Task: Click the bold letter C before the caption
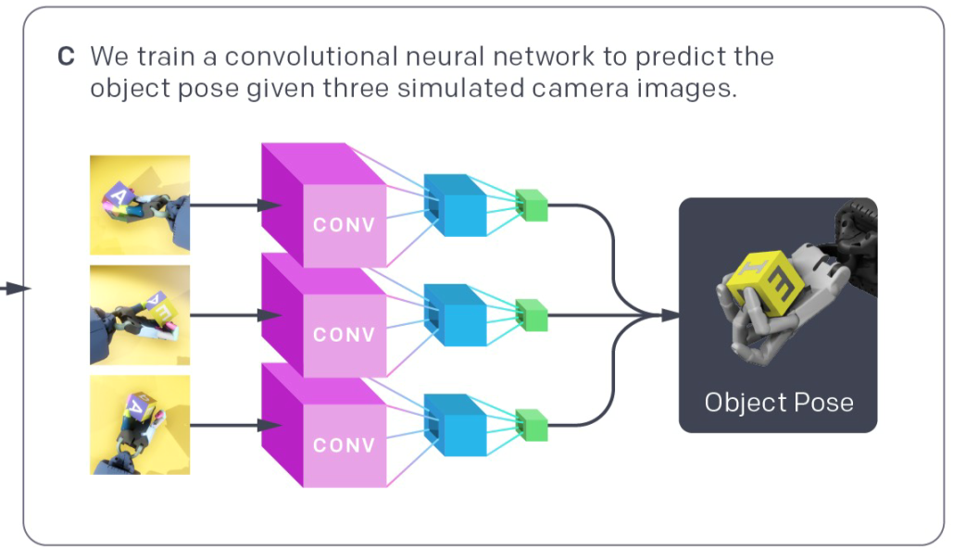click(66, 56)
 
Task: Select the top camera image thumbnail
click(140, 205)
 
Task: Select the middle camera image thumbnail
click(140, 315)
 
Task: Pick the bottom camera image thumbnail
click(140, 425)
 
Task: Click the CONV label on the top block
click(344, 225)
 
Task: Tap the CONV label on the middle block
click(344, 335)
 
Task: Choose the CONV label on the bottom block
click(344, 445)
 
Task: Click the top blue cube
click(455, 206)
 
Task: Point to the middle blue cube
click(455, 316)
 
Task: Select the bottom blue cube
click(455, 426)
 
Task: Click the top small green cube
click(532, 206)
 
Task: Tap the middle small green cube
click(532, 316)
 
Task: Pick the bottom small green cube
click(532, 426)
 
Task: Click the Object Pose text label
click(778, 403)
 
